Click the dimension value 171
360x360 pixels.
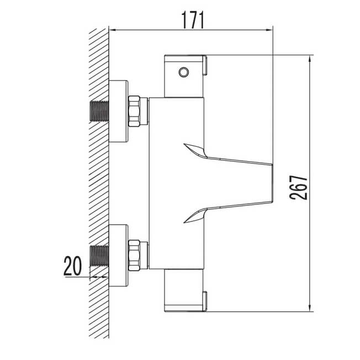(193, 20)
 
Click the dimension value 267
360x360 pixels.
(298, 188)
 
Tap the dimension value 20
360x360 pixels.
(72, 266)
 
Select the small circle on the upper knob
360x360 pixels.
(184, 72)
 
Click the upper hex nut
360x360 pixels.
(134, 111)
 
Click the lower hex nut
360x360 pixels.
(134, 255)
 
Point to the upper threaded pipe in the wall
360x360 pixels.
(99, 111)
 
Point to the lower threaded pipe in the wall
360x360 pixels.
(99, 256)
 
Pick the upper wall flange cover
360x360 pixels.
(118, 111)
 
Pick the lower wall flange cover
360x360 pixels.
(118, 256)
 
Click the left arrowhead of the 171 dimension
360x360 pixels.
(113, 30)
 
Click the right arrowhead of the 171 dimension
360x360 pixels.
(269, 30)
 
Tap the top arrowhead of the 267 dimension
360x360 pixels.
(310, 59)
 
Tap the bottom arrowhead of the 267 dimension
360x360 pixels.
(310, 308)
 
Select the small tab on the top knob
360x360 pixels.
(205, 66)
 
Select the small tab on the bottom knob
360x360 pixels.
(205, 301)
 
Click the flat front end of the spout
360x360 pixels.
(272, 183)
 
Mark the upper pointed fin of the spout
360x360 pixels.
(195, 150)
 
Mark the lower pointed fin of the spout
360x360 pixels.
(195, 216)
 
